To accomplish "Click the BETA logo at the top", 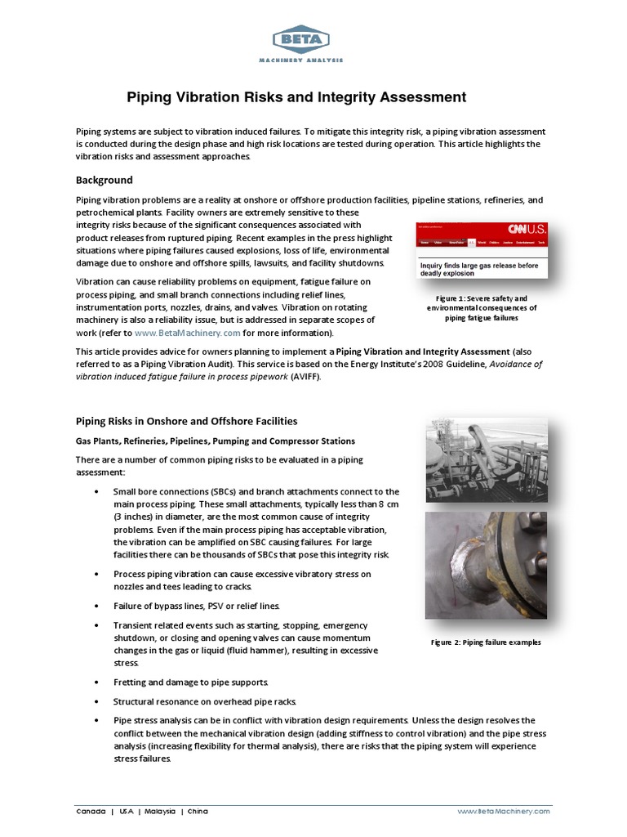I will pos(300,39).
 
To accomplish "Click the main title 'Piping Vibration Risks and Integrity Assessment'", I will pos(296,97).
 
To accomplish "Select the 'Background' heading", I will pos(104,180).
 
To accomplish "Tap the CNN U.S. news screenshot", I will pos(481,250).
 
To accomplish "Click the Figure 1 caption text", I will pos(481,308).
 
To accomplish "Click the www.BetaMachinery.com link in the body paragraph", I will pos(187,333).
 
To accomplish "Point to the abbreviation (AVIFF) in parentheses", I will pos(306,377).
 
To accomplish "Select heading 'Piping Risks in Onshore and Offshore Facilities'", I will pos(186,421).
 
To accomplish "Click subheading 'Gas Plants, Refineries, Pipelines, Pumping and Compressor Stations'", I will pos(216,441).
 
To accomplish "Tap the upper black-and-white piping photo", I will pos(487,459).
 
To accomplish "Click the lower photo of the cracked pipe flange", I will pos(487,566).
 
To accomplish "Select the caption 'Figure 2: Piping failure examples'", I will pos(486,642).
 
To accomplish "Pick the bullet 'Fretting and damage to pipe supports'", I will pos(190,682).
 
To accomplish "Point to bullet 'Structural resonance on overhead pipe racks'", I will pos(204,701).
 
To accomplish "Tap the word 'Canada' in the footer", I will pos(90,811).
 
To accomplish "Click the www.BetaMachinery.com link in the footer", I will pos(504,811).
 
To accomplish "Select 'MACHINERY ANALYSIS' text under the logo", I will pos(300,60).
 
